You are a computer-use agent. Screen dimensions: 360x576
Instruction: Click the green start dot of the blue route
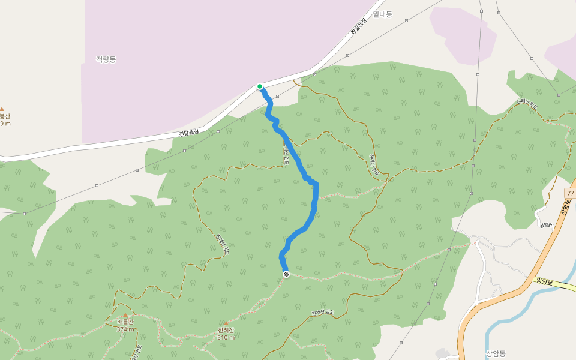[x=260, y=86]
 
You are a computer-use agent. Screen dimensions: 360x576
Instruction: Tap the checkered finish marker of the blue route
[x=286, y=274]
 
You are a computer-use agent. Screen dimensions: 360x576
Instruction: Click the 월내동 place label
[x=382, y=14]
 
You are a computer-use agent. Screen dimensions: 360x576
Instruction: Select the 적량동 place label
[x=106, y=59]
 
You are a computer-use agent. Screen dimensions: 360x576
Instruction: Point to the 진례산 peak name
[x=226, y=331]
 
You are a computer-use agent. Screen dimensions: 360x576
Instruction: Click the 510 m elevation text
[x=226, y=337]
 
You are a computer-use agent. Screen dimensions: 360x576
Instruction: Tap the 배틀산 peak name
[x=125, y=322]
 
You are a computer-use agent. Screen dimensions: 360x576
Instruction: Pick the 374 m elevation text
[x=125, y=329]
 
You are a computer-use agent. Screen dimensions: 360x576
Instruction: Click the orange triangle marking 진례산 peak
[x=226, y=323]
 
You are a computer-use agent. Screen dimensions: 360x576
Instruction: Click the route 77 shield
[x=570, y=193]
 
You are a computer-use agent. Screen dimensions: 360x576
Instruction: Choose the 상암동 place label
[x=496, y=353]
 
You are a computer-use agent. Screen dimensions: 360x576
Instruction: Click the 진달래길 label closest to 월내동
[x=358, y=26]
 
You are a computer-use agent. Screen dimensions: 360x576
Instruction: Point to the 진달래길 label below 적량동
[x=189, y=132]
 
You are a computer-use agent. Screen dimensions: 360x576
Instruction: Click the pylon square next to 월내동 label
[x=406, y=20]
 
